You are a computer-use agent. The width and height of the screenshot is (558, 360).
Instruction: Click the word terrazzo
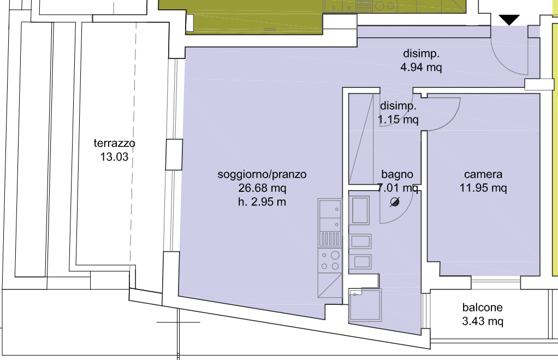[x=114, y=143]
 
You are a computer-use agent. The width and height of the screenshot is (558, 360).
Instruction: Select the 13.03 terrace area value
[x=114, y=157]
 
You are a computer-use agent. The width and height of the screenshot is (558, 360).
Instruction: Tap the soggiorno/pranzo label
[x=262, y=174]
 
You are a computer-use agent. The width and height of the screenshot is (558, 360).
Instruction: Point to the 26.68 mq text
[x=262, y=188]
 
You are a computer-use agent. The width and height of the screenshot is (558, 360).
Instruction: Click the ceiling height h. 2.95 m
[x=262, y=202]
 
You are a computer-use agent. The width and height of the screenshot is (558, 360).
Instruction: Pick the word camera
[x=483, y=174]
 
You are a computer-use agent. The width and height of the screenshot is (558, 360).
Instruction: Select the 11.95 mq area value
[x=483, y=188]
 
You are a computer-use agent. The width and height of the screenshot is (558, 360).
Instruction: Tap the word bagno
[x=397, y=174]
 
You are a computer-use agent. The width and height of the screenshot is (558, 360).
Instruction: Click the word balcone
[x=483, y=307]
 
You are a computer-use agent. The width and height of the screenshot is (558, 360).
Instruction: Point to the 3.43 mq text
[x=483, y=321]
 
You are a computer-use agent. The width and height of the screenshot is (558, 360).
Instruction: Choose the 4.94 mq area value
[x=421, y=67]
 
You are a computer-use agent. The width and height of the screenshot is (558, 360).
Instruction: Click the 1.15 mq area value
[x=398, y=119]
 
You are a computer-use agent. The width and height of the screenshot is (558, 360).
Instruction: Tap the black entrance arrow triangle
[x=509, y=20]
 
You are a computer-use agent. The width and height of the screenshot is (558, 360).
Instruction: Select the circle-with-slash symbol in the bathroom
[x=394, y=202]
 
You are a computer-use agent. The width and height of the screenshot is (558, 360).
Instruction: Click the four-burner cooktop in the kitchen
[x=330, y=260]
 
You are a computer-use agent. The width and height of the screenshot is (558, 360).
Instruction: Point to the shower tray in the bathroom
[x=365, y=305]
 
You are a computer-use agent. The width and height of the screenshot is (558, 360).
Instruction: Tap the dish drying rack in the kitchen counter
[x=330, y=239]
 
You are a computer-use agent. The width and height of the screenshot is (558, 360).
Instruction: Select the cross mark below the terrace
[x=178, y=322]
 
